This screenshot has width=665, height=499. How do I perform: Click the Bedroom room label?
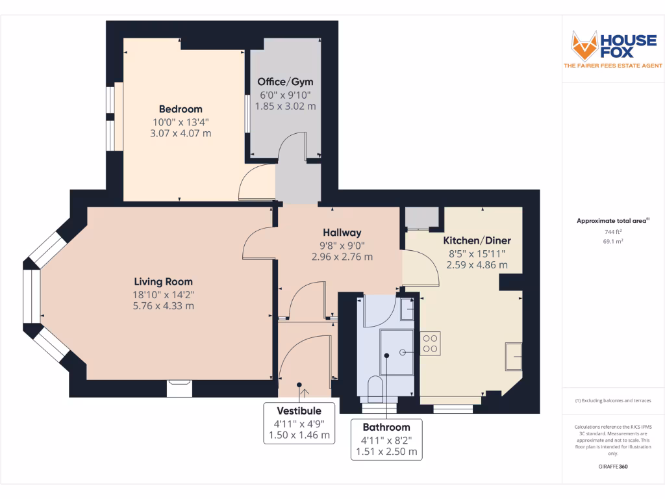pos(181,109)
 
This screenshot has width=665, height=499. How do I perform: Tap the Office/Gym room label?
pos(285,82)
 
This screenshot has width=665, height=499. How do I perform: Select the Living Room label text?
pos(163,282)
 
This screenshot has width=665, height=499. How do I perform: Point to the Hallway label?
pos(342,233)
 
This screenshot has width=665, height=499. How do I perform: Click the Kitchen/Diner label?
pos(477,240)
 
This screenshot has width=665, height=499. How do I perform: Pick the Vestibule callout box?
pos(299,422)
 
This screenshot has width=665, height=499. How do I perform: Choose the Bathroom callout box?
pos(386,439)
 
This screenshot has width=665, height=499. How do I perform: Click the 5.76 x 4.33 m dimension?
pos(163,305)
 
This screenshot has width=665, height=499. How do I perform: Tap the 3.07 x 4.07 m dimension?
pos(181,133)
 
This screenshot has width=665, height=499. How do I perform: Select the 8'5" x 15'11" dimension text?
pos(477,253)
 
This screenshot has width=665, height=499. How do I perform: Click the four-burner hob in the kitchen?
pos(430,342)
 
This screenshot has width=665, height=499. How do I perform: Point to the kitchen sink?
pos(514,356)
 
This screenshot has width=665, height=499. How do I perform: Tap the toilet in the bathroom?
pos(375,388)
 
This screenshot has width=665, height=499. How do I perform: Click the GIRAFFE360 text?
pos(613,467)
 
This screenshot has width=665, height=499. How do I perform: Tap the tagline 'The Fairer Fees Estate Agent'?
pos(613,66)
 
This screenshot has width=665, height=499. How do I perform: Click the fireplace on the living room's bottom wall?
pos(180,388)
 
